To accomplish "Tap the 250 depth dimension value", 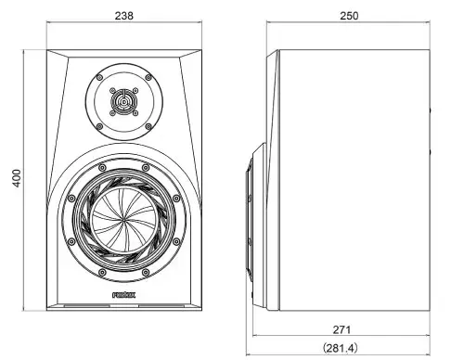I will tap(350, 16).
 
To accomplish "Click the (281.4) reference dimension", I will tap(343, 347).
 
